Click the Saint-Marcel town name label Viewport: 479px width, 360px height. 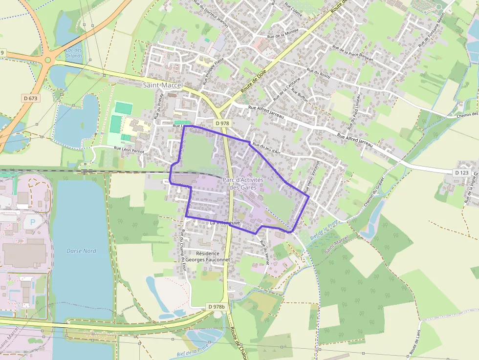(x=162, y=85)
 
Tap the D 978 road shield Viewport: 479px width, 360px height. (x=222, y=124)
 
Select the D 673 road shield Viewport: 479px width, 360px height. (x=30, y=98)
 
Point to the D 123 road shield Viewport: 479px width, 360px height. (x=461, y=173)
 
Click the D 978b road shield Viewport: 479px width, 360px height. (x=217, y=307)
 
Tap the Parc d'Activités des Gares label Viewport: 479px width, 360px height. (x=243, y=184)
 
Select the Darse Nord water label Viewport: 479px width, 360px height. (x=81, y=251)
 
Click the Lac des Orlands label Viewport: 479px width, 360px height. (x=74, y=53)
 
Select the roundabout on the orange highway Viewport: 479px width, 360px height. (x=47, y=61)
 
